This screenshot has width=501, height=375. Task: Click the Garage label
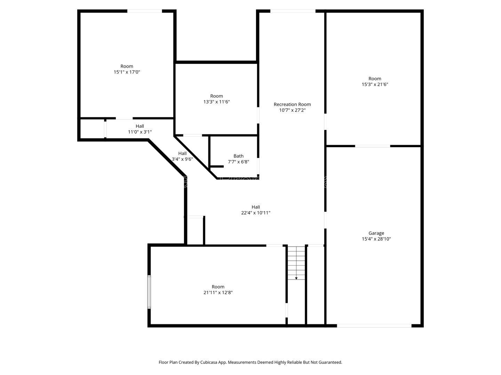(376, 233)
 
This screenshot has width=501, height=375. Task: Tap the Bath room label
(238, 156)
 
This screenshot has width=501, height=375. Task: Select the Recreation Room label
(292, 104)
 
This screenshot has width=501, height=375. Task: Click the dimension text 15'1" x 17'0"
(127, 72)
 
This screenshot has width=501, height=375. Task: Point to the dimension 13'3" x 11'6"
(216, 101)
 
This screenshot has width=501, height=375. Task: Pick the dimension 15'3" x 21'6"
(375, 84)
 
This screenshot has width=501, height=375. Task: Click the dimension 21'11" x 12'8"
(218, 292)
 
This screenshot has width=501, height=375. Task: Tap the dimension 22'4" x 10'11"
(256, 212)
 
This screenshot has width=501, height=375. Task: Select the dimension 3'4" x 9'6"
(182, 159)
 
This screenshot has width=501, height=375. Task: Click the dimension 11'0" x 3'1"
(140, 132)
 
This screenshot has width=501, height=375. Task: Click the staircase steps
(296, 263)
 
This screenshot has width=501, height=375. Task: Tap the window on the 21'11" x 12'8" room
(149, 292)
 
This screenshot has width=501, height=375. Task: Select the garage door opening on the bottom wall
(374, 326)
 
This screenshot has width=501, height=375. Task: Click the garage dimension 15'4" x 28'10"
(376, 239)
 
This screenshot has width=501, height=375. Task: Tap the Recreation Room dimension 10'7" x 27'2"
(292, 110)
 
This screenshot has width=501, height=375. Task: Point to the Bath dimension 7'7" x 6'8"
(238, 162)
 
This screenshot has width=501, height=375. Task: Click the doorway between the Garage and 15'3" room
(373, 146)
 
